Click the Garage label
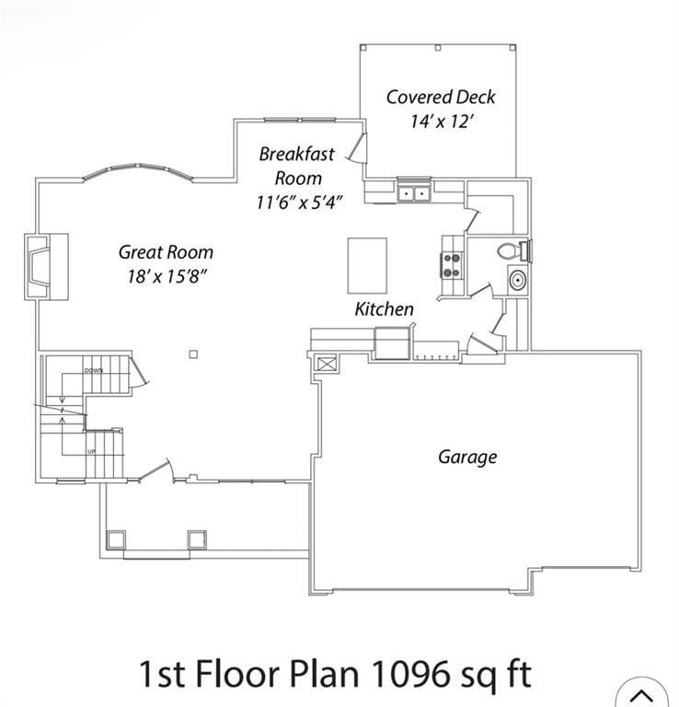(466, 457)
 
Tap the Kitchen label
(384, 309)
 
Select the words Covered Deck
(440, 97)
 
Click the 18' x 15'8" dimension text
(167, 275)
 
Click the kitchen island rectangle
(366, 265)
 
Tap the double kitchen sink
(414, 193)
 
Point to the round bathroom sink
(517, 281)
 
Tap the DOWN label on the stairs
(93, 370)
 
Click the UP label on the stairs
(91, 452)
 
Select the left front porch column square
(116, 539)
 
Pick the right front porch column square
(198, 539)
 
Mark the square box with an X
(327, 363)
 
